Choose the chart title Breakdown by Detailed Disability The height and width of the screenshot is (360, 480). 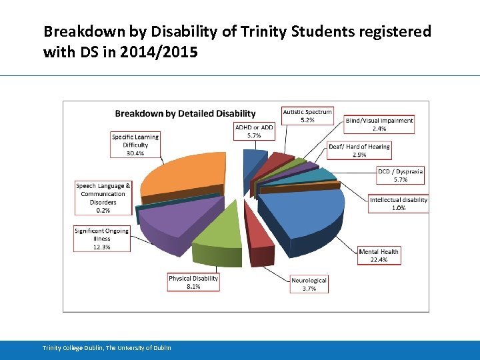[185, 114]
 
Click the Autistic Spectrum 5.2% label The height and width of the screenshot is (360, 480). [307, 116]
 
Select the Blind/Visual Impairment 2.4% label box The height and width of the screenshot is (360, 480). [379, 125]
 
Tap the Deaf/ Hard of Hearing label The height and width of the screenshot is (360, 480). [359, 151]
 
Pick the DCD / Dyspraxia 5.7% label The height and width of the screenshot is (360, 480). [400, 175]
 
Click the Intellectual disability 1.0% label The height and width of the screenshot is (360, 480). [399, 203]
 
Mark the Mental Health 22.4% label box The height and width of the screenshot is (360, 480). [379, 255]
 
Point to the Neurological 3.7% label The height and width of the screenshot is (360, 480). [309, 284]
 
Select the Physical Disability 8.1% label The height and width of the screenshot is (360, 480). [193, 282]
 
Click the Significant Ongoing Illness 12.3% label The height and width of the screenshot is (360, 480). [102, 239]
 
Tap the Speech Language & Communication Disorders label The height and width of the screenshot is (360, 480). [103, 197]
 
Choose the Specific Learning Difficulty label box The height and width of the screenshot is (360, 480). [135, 145]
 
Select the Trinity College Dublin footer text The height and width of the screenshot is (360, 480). [107, 348]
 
